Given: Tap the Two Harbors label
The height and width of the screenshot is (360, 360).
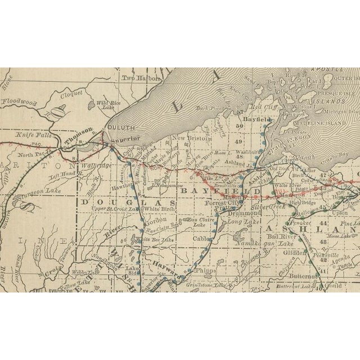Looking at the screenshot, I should click(138, 79).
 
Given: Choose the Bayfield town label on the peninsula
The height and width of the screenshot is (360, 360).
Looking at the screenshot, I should click(256, 120).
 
